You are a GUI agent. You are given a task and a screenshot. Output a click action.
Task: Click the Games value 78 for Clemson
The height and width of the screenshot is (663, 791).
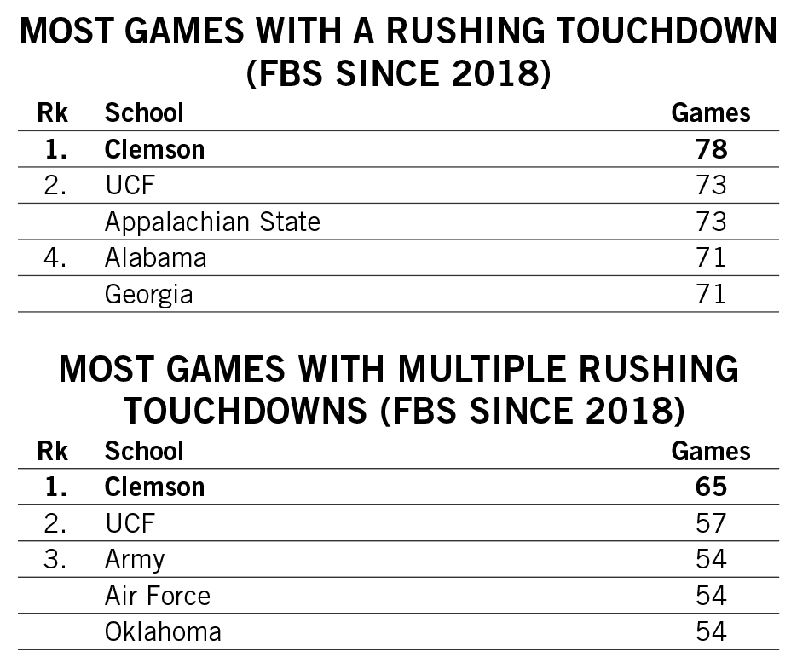(711, 149)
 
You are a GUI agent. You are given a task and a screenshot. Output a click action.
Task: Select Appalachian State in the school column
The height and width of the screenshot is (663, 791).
(212, 222)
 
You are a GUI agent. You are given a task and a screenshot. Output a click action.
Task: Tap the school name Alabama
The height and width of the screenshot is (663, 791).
(155, 257)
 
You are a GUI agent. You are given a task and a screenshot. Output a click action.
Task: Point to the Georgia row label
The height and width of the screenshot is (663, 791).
(148, 294)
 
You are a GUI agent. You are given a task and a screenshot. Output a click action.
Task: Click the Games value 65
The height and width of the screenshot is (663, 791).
(711, 487)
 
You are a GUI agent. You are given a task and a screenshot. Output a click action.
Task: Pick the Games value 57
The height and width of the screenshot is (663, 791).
(711, 522)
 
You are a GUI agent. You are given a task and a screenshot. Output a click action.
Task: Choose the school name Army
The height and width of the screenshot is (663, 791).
(134, 559)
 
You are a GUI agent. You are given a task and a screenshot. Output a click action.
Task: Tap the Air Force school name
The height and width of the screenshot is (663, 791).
(157, 595)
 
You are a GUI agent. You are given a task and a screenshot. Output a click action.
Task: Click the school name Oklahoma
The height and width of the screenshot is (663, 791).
(163, 631)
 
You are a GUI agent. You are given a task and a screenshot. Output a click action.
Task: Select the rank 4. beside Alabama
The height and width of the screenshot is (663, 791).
(55, 257)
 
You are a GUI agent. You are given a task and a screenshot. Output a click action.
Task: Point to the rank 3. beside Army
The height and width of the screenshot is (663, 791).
(55, 559)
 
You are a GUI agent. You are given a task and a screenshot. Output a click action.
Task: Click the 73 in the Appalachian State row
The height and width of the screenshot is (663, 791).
(711, 222)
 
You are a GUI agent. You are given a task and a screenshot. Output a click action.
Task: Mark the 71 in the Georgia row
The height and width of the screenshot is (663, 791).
(711, 294)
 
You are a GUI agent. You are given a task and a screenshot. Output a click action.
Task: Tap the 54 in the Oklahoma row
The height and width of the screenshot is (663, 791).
(711, 631)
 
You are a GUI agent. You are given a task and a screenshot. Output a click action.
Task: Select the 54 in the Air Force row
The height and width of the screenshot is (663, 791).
(711, 595)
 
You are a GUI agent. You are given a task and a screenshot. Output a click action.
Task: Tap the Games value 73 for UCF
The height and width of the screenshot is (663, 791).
(711, 185)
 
